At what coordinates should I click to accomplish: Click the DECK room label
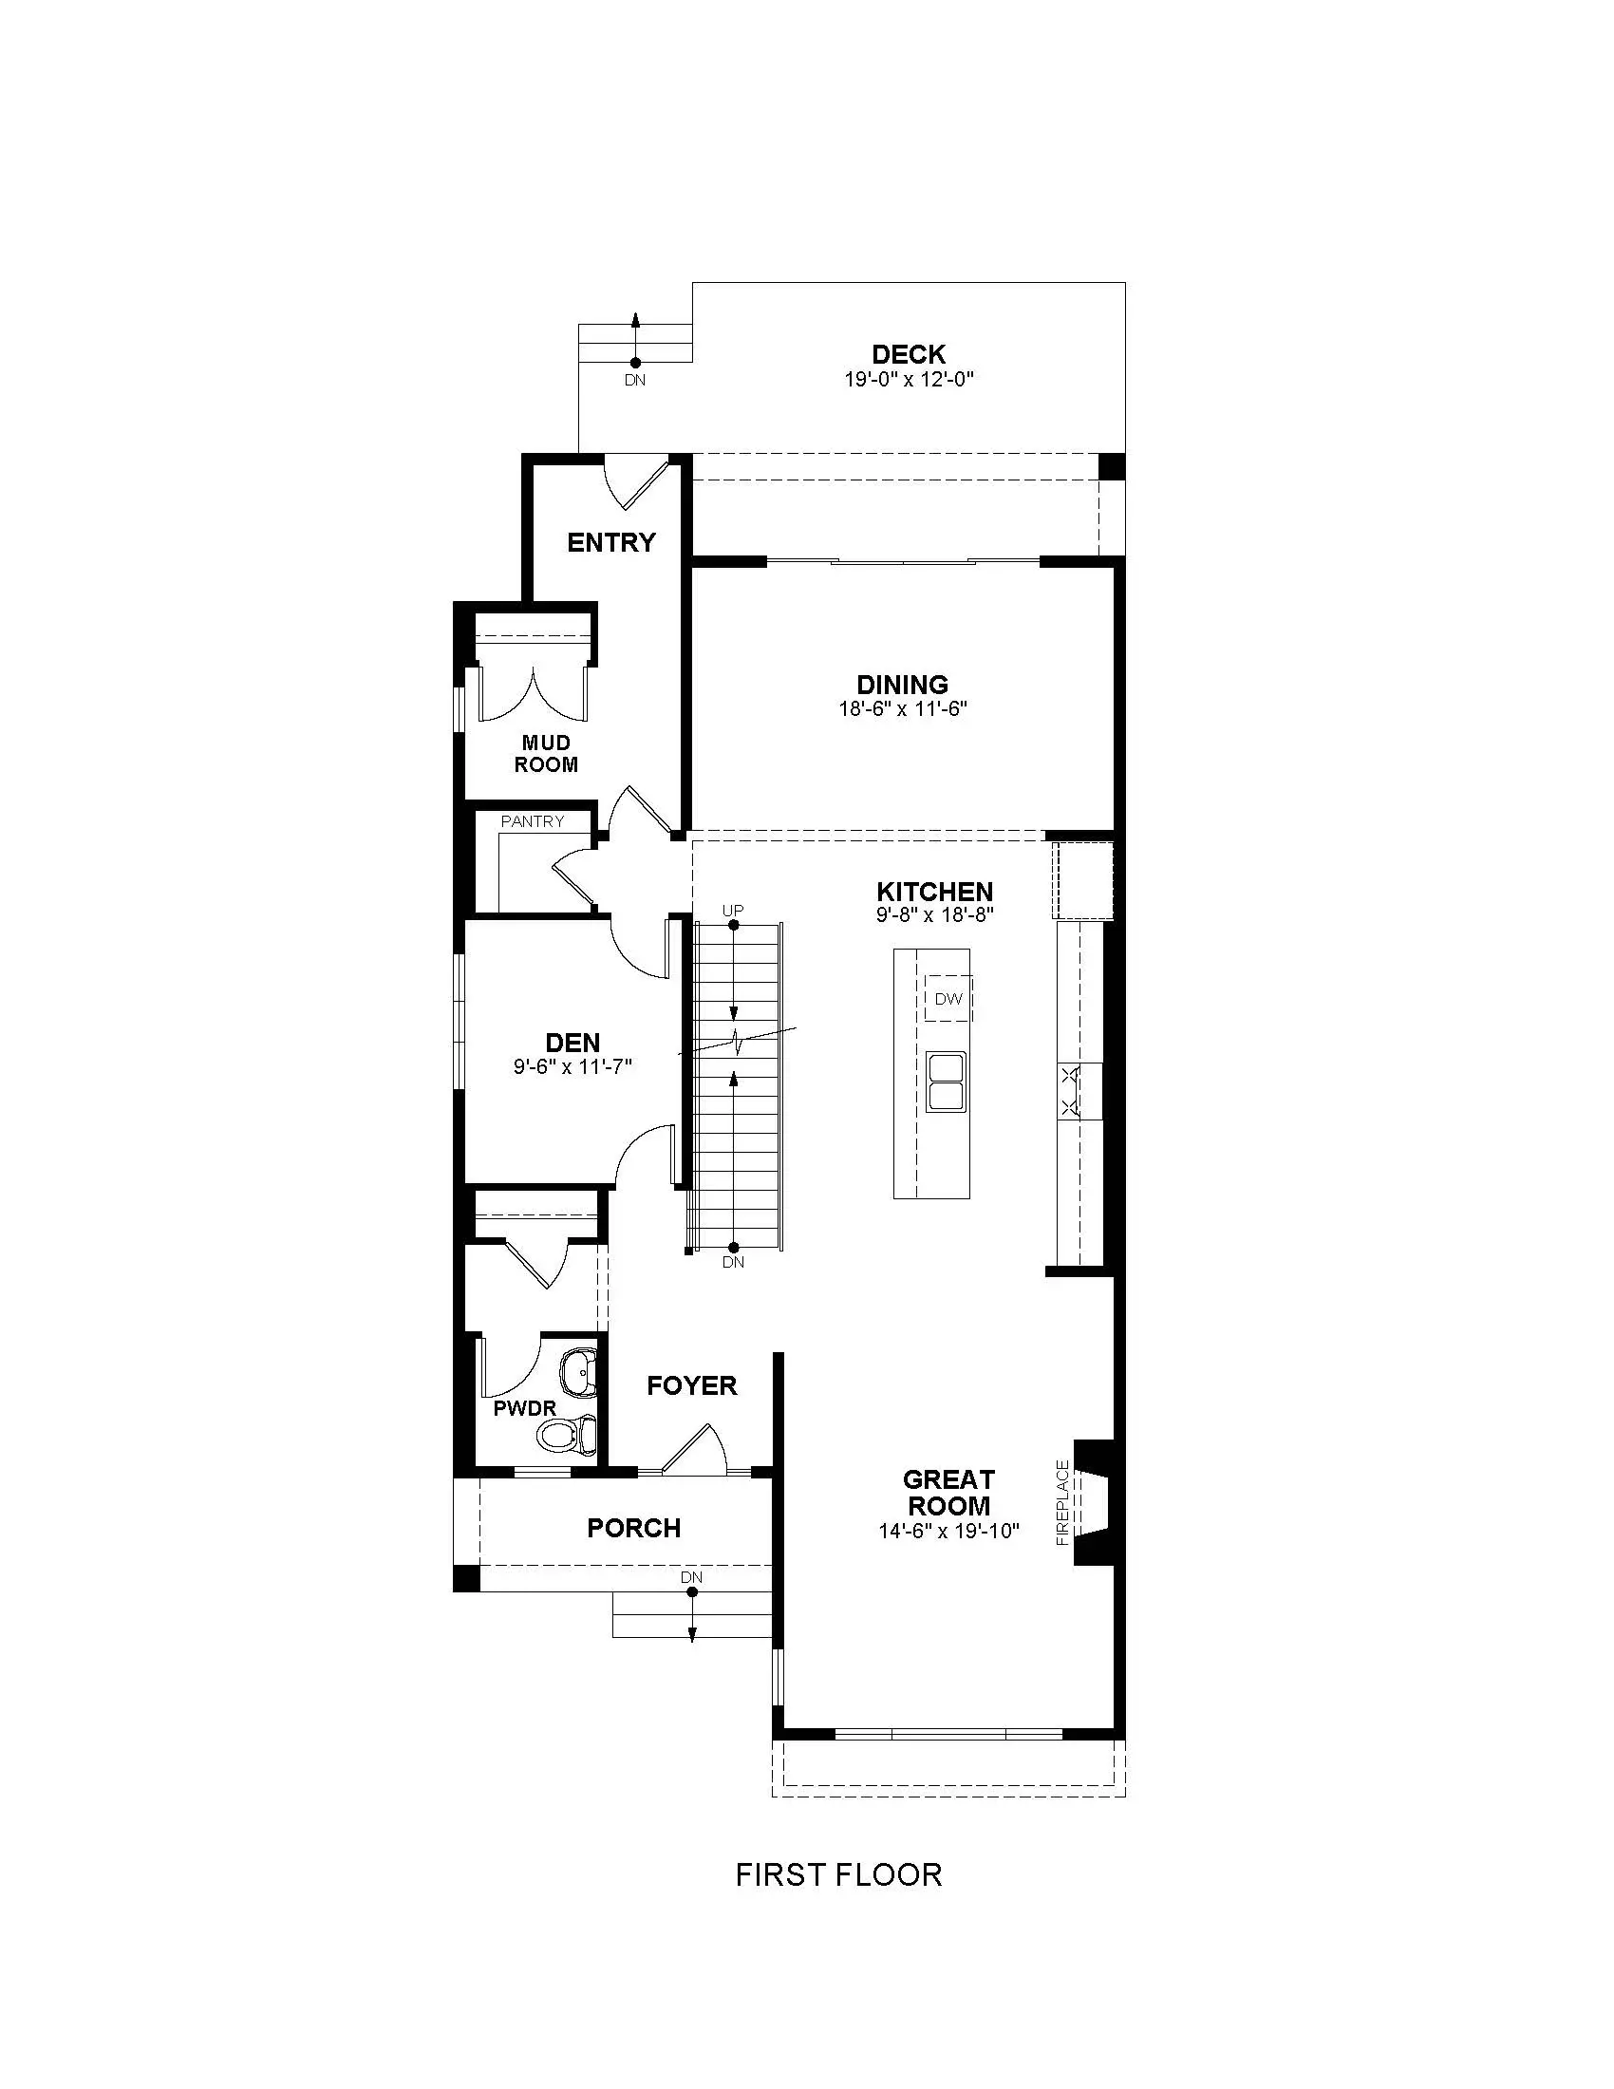point(909,355)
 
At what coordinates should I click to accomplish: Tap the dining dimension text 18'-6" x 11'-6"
point(904,708)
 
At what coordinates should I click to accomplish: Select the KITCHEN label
point(935,892)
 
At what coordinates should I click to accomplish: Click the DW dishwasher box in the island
point(948,999)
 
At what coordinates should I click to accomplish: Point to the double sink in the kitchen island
point(947,1081)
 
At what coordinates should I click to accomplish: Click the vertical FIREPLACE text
point(1061,1503)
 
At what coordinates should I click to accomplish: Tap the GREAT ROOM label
point(948,1492)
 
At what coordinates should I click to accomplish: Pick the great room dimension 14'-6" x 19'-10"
point(949,1532)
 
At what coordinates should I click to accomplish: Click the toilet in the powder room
point(567,1434)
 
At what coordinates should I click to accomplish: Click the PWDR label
point(525,1409)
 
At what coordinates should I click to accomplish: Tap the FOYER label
point(691,1386)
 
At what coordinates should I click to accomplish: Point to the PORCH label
point(634,1529)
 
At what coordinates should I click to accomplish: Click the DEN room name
point(572,1043)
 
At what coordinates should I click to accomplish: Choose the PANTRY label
point(533,821)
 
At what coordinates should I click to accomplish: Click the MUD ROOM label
point(546,754)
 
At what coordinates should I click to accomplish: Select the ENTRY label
point(611,543)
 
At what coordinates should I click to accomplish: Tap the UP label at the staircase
point(732,911)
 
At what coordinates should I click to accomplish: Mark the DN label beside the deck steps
point(635,380)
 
